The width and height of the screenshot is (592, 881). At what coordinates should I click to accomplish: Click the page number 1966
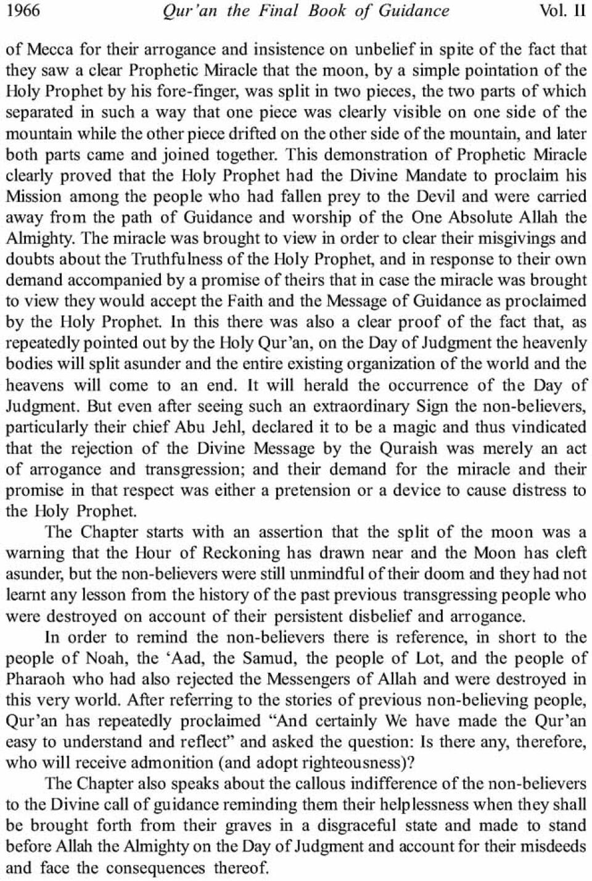pos(23,11)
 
